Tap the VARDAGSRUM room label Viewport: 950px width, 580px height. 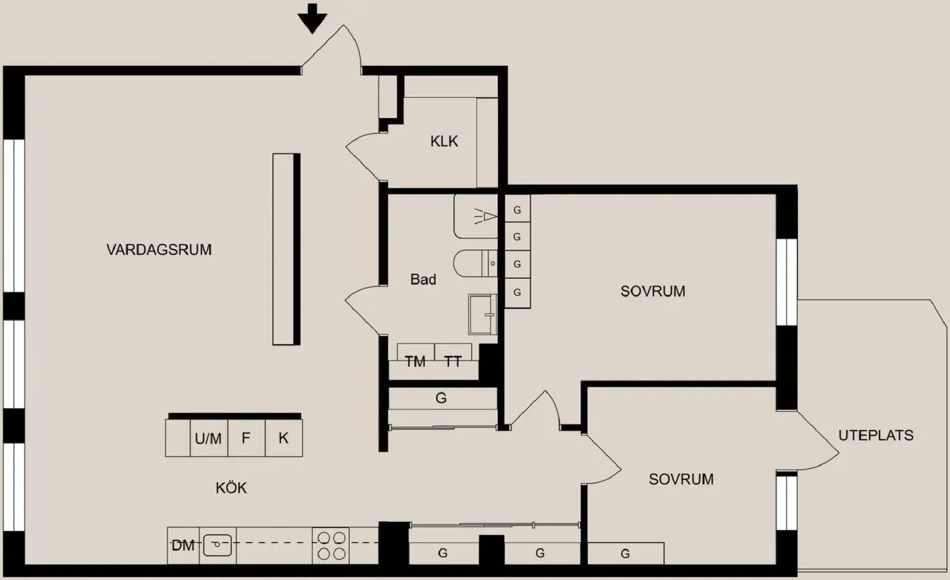pos(159,250)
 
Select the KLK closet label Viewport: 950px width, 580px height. pos(444,141)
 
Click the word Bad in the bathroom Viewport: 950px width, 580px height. pos(423,279)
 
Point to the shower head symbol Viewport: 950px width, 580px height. pos(485,217)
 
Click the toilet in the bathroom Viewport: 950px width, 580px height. pos(475,263)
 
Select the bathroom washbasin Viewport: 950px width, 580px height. pos(482,314)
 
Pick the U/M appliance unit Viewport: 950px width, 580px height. pos(209,438)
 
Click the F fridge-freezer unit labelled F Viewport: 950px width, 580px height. pos(246,438)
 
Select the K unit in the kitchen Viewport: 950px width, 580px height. pos(284,438)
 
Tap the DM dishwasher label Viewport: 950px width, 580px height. pos(183,546)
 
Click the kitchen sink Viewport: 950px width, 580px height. pos(217,545)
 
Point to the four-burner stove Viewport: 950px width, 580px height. pos(331,546)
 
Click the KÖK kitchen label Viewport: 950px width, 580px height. pos(231,488)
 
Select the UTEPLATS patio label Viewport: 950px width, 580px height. pos(876,435)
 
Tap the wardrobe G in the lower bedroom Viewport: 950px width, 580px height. pos(625,553)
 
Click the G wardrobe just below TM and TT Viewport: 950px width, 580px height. pos(442,398)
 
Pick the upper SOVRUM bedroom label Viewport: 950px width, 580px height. pos(652,291)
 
